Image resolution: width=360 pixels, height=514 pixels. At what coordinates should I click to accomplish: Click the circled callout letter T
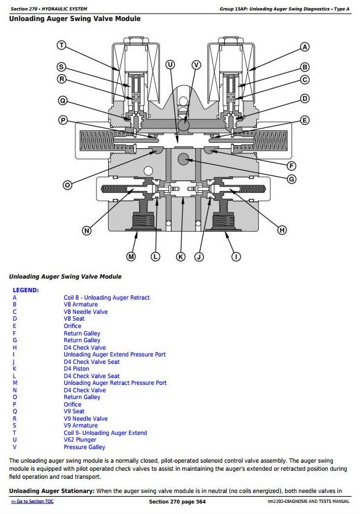(x=62, y=45)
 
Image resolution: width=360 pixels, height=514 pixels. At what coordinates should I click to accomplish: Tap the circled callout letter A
(x=304, y=47)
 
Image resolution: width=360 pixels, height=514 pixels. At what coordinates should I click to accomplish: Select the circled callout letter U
(x=170, y=65)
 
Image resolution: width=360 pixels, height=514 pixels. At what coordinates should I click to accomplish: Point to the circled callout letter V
(x=196, y=65)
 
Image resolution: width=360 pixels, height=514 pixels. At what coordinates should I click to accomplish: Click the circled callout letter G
(x=291, y=179)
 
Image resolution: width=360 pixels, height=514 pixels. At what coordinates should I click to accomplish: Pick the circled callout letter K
(x=181, y=256)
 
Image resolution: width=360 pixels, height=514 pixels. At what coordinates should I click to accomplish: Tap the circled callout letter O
(x=67, y=185)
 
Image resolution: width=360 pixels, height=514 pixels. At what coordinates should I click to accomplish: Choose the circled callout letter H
(x=282, y=230)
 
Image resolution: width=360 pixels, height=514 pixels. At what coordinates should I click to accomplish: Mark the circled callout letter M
(x=131, y=256)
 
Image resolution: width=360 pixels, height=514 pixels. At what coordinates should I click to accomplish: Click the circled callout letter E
(x=304, y=120)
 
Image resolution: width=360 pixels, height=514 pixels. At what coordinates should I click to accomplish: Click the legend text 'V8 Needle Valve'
(x=85, y=312)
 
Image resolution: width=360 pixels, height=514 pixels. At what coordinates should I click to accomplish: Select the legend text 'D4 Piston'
(x=77, y=368)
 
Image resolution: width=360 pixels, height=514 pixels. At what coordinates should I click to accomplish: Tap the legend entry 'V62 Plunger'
(x=80, y=440)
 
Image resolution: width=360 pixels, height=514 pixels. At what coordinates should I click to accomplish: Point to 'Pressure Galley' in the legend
(x=84, y=447)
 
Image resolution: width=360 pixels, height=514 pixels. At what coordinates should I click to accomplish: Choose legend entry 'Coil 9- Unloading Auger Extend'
(x=105, y=432)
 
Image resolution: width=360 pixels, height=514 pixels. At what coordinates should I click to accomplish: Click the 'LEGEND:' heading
(x=25, y=290)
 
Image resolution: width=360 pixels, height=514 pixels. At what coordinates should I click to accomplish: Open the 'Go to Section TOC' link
(x=32, y=501)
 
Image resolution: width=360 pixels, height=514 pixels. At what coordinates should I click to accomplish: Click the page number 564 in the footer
(x=201, y=502)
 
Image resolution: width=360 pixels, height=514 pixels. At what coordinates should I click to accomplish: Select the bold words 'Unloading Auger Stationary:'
(x=52, y=491)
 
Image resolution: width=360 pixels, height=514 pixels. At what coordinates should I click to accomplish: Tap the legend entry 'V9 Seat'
(x=74, y=411)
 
